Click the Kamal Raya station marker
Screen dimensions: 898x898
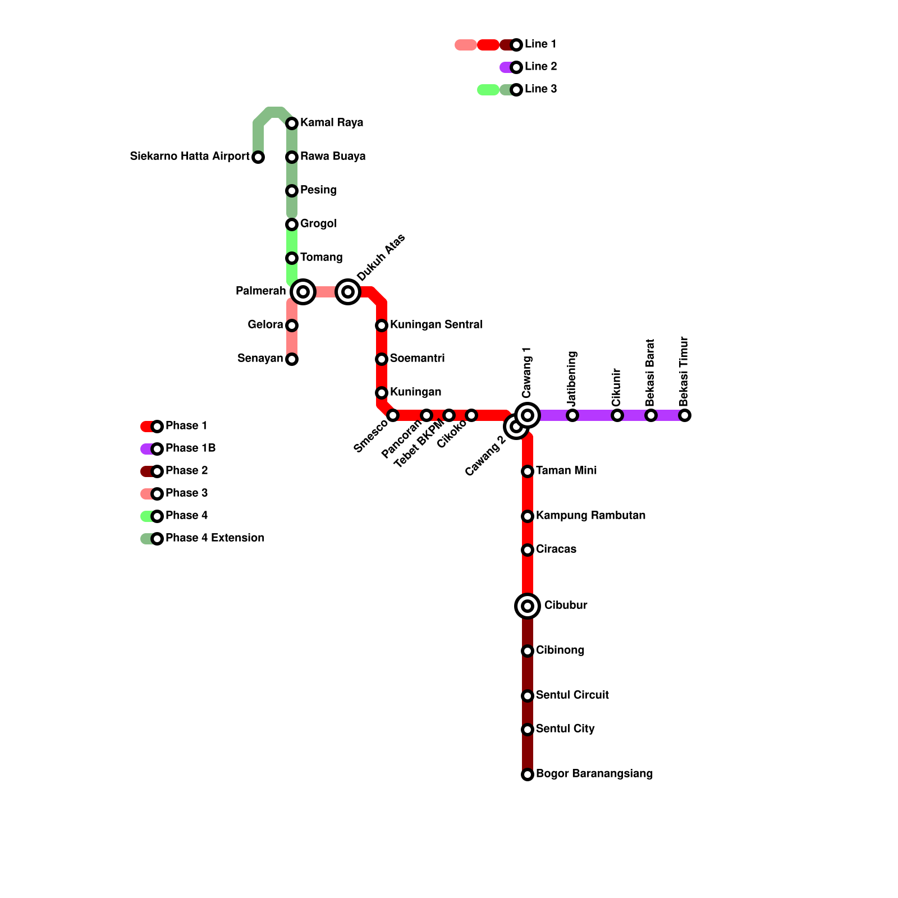292,123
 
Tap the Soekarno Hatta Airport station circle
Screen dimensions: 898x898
258,157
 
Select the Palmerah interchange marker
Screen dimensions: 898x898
303,292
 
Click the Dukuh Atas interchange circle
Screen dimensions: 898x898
348,292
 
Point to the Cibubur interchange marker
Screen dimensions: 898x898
528,606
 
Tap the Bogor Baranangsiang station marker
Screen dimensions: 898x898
528,775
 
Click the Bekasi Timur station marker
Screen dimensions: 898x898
685,415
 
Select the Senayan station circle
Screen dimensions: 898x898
292,359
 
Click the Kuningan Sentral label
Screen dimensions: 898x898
436,325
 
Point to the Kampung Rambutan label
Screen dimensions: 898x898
590,516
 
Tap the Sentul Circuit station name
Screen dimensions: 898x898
572,695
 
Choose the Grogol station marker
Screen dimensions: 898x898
292,224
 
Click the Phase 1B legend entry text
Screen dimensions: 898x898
190,448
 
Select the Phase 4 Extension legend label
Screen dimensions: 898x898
215,538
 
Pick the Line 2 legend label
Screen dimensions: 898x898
540,67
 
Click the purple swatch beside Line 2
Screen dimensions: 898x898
506,67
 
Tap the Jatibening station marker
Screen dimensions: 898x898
572,415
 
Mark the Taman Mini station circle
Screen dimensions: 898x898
528,471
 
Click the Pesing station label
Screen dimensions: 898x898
318,190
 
